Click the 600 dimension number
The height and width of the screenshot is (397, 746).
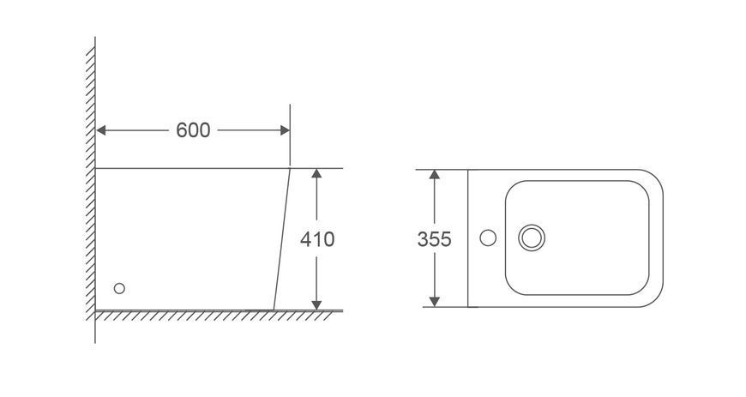(193, 130)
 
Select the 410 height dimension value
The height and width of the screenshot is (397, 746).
(317, 239)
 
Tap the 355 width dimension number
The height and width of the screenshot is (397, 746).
(435, 239)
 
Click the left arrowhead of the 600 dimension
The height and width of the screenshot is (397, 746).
(101, 130)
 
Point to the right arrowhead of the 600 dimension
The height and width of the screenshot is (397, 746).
(285, 130)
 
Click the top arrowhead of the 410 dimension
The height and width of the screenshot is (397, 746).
(317, 173)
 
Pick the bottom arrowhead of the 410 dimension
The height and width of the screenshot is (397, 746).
(317, 305)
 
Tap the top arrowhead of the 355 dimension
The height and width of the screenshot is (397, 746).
(435, 175)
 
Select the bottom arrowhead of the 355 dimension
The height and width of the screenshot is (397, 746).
(435, 301)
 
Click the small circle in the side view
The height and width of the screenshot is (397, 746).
(119, 288)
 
